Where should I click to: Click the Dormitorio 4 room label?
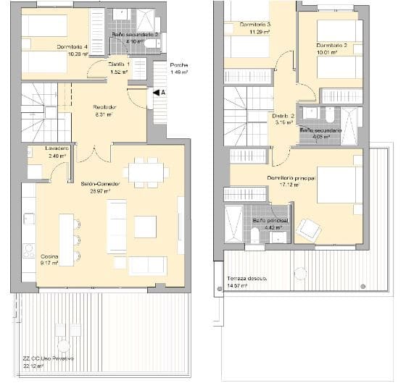[72, 47]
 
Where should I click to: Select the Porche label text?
[179, 64]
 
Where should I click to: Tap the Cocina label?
[49, 257]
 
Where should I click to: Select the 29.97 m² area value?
[99, 191]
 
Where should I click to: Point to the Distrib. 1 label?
[120, 64]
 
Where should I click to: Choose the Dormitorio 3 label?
[255, 25]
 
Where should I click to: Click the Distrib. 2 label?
[283, 115]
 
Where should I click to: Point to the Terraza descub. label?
[247, 278]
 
